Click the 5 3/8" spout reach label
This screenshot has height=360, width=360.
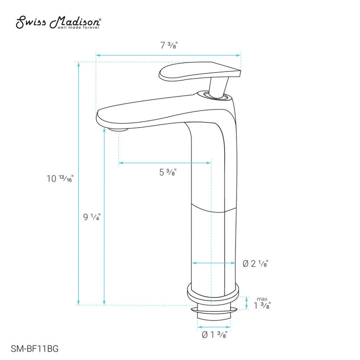167,172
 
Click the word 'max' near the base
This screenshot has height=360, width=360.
262,298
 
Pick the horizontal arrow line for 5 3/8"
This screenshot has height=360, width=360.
164,162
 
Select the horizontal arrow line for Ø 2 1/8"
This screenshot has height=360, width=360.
213,262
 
